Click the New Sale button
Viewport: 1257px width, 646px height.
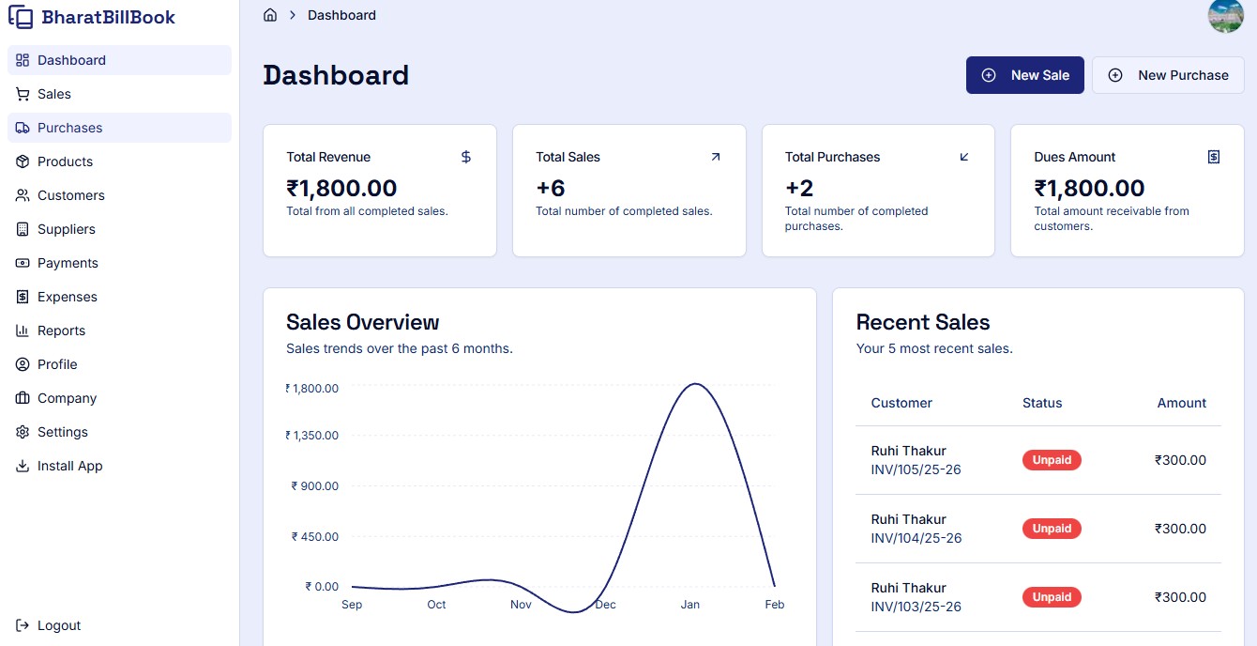tap(1024, 75)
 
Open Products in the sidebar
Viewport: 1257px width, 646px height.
tap(65, 161)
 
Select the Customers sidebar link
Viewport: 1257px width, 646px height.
tap(70, 195)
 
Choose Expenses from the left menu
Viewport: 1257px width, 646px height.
tap(67, 297)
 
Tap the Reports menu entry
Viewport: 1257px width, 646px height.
tap(61, 331)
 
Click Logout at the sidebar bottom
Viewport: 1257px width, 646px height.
tap(58, 625)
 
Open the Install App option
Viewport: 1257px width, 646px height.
tap(69, 466)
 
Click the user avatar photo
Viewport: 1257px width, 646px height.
tap(1225, 16)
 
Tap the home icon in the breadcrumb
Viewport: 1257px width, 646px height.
tap(270, 15)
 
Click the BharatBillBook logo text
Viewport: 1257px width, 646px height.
tap(108, 17)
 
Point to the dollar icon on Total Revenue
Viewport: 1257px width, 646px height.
tap(466, 157)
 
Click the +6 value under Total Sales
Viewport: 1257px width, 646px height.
tap(551, 188)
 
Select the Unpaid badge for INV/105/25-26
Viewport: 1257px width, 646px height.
tap(1052, 460)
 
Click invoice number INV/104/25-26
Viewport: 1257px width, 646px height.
tap(916, 538)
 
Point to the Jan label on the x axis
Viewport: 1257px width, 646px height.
tap(689, 605)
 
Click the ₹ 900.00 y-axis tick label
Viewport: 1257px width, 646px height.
tap(315, 485)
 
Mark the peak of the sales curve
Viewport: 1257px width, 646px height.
tap(694, 384)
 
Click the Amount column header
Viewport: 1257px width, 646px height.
tap(1181, 403)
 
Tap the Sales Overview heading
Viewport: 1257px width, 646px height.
tap(362, 322)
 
